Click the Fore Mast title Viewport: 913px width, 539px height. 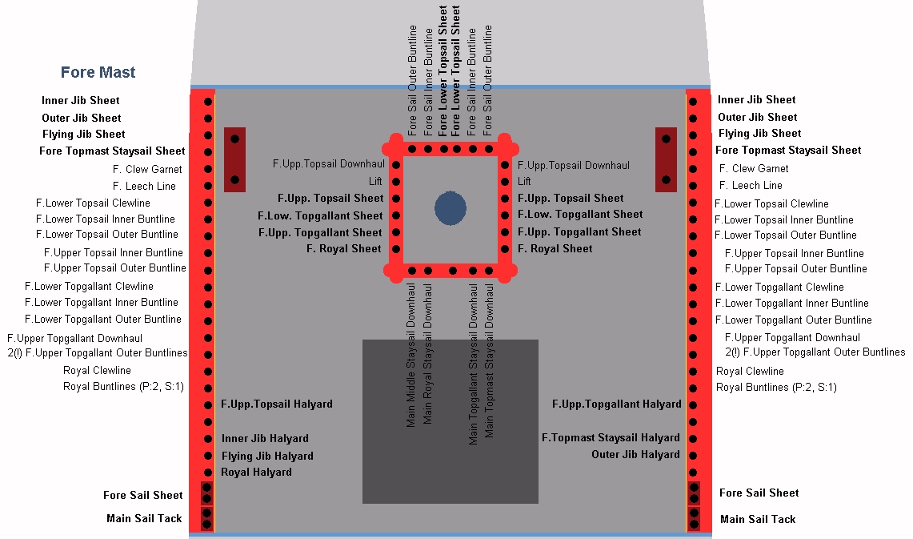[98, 72]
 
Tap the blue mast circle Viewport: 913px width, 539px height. [450, 208]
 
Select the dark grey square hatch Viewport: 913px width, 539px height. [450, 421]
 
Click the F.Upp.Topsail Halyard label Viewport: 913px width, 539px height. [277, 404]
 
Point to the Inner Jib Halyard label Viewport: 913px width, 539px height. [265, 438]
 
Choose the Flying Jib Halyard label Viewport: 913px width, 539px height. [267, 456]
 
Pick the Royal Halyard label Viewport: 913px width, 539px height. [256, 472]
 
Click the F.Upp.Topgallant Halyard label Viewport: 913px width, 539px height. [617, 404]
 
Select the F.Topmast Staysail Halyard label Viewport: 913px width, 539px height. [611, 437]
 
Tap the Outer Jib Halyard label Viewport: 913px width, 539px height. [636, 455]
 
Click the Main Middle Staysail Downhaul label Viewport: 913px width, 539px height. [411, 355]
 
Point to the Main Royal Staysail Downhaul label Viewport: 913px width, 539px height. [427, 354]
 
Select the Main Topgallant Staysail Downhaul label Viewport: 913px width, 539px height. [473, 364]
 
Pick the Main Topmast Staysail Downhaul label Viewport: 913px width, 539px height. [489, 360]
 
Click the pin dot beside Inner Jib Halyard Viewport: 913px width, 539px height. [208, 439]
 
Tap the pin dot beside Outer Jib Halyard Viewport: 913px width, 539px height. [693, 455]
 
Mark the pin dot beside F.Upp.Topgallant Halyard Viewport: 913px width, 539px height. [693, 404]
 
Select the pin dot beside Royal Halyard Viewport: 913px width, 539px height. [208, 473]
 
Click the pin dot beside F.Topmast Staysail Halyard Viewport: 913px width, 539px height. [693, 438]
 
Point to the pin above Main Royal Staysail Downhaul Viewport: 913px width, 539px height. [428, 271]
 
